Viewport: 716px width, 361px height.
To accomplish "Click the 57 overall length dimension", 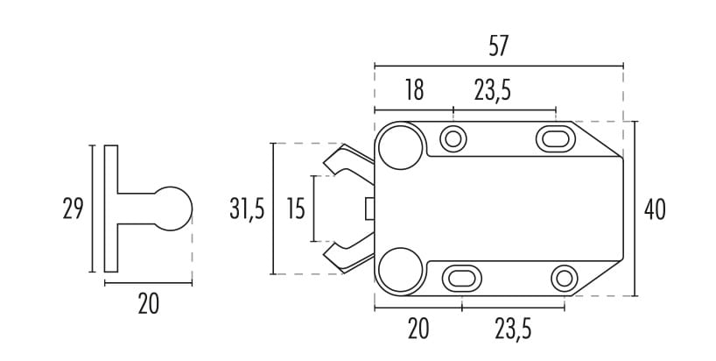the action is [x=498, y=46].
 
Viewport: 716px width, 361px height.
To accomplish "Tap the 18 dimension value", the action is [x=414, y=90].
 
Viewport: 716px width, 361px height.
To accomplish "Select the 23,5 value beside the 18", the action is [x=492, y=90].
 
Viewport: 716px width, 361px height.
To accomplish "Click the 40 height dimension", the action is [x=655, y=209].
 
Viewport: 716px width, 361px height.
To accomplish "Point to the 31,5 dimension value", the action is [x=247, y=209].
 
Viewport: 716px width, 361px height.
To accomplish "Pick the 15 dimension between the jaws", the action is [x=296, y=209].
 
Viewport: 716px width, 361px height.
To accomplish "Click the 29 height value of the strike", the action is [x=73, y=209].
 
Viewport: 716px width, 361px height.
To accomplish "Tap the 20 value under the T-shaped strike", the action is [x=149, y=304].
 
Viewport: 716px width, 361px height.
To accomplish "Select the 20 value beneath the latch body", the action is [x=418, y=329].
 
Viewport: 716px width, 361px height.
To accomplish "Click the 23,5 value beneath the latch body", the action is [x=513, y=329].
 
